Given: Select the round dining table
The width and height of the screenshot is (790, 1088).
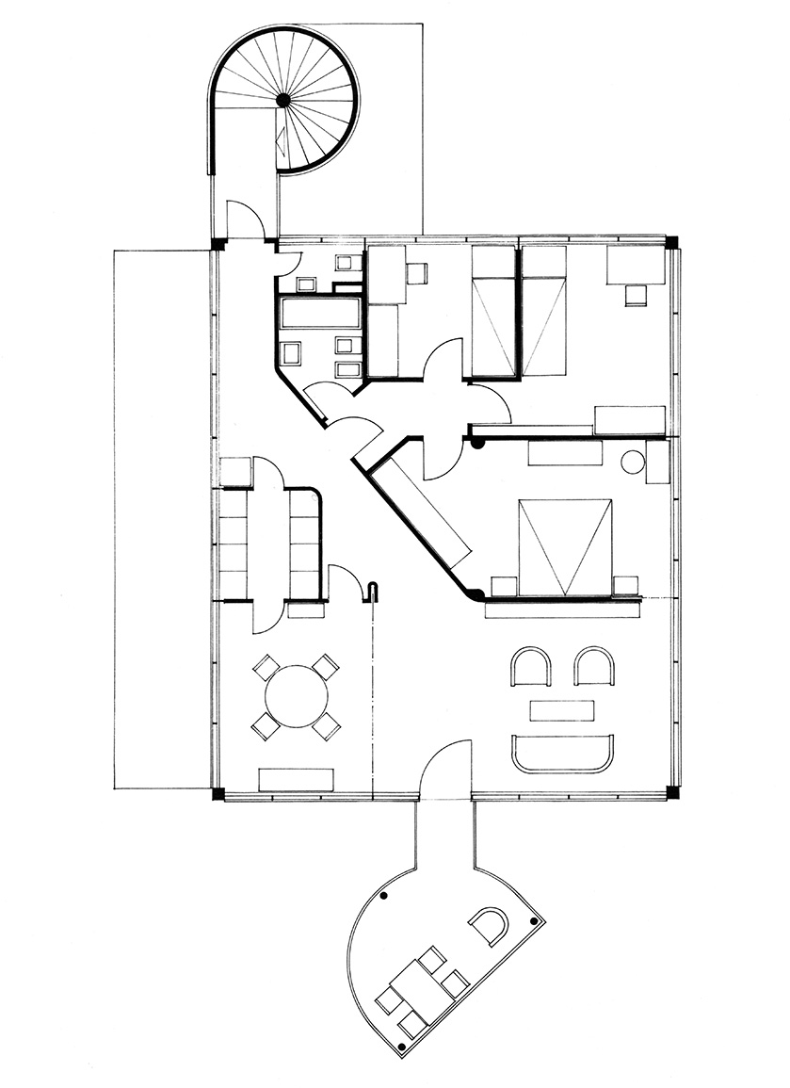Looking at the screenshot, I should (x=297, y=697).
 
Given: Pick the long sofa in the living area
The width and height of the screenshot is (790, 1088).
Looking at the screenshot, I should (x=560, y=754).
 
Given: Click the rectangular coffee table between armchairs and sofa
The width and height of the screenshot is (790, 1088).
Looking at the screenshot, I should (x=562, y=709).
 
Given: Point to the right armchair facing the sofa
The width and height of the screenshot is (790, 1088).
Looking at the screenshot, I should (x=595, y=667).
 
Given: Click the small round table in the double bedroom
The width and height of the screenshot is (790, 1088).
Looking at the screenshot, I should (x=633, y=463).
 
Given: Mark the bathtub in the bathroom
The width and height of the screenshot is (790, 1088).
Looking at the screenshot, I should (x=320, y=313).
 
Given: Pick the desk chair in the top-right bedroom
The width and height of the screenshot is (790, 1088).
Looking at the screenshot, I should (x=637, y=295).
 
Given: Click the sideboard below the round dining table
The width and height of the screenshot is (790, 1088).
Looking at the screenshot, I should (x=297, y=779).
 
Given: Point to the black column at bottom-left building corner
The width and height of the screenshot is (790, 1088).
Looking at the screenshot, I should (x=218, y=794).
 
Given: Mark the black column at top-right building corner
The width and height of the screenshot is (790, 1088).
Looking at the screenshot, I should (x=671, y=241).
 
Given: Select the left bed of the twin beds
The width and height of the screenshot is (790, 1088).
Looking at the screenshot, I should (x=492, y=313).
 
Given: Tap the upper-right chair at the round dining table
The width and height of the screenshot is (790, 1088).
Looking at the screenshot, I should (x=326, y=667).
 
